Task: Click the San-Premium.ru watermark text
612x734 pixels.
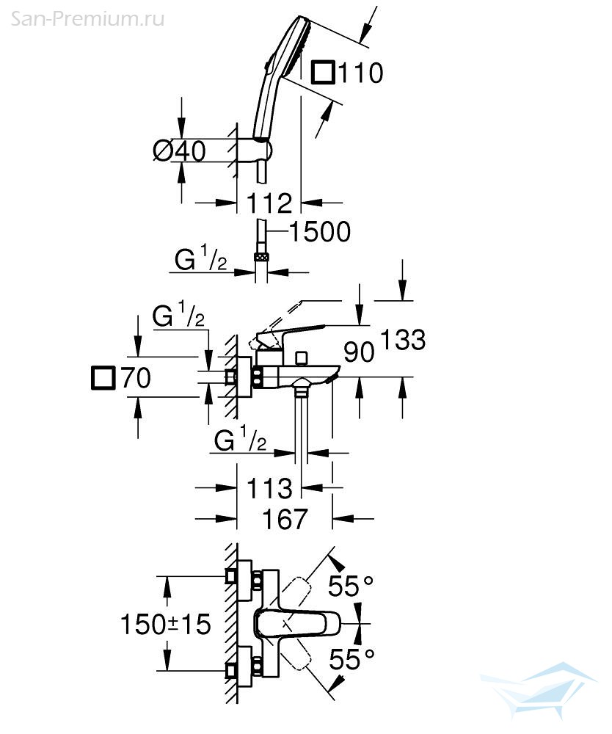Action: pos(87,19)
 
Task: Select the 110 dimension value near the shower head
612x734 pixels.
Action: pos(360,73)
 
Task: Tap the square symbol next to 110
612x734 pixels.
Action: pos(324,72)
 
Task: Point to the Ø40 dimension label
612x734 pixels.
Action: pos(180,150)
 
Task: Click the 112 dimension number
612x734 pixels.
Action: pos(269,203)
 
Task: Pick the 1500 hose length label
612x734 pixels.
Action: pos(320,232)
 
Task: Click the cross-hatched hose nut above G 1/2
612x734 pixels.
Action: pos(261,256)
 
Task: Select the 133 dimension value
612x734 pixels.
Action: pos(403,340)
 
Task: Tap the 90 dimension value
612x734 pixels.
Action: pos(359,352)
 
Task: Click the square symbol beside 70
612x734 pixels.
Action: pos(103,377)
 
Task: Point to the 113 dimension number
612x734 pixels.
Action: pos(269,488)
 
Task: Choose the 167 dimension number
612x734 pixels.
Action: pos(285,519)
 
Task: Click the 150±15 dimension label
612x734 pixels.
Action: pos(166,624)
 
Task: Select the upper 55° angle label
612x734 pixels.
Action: pos(351,586)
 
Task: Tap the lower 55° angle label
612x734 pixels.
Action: pos(351,660)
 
